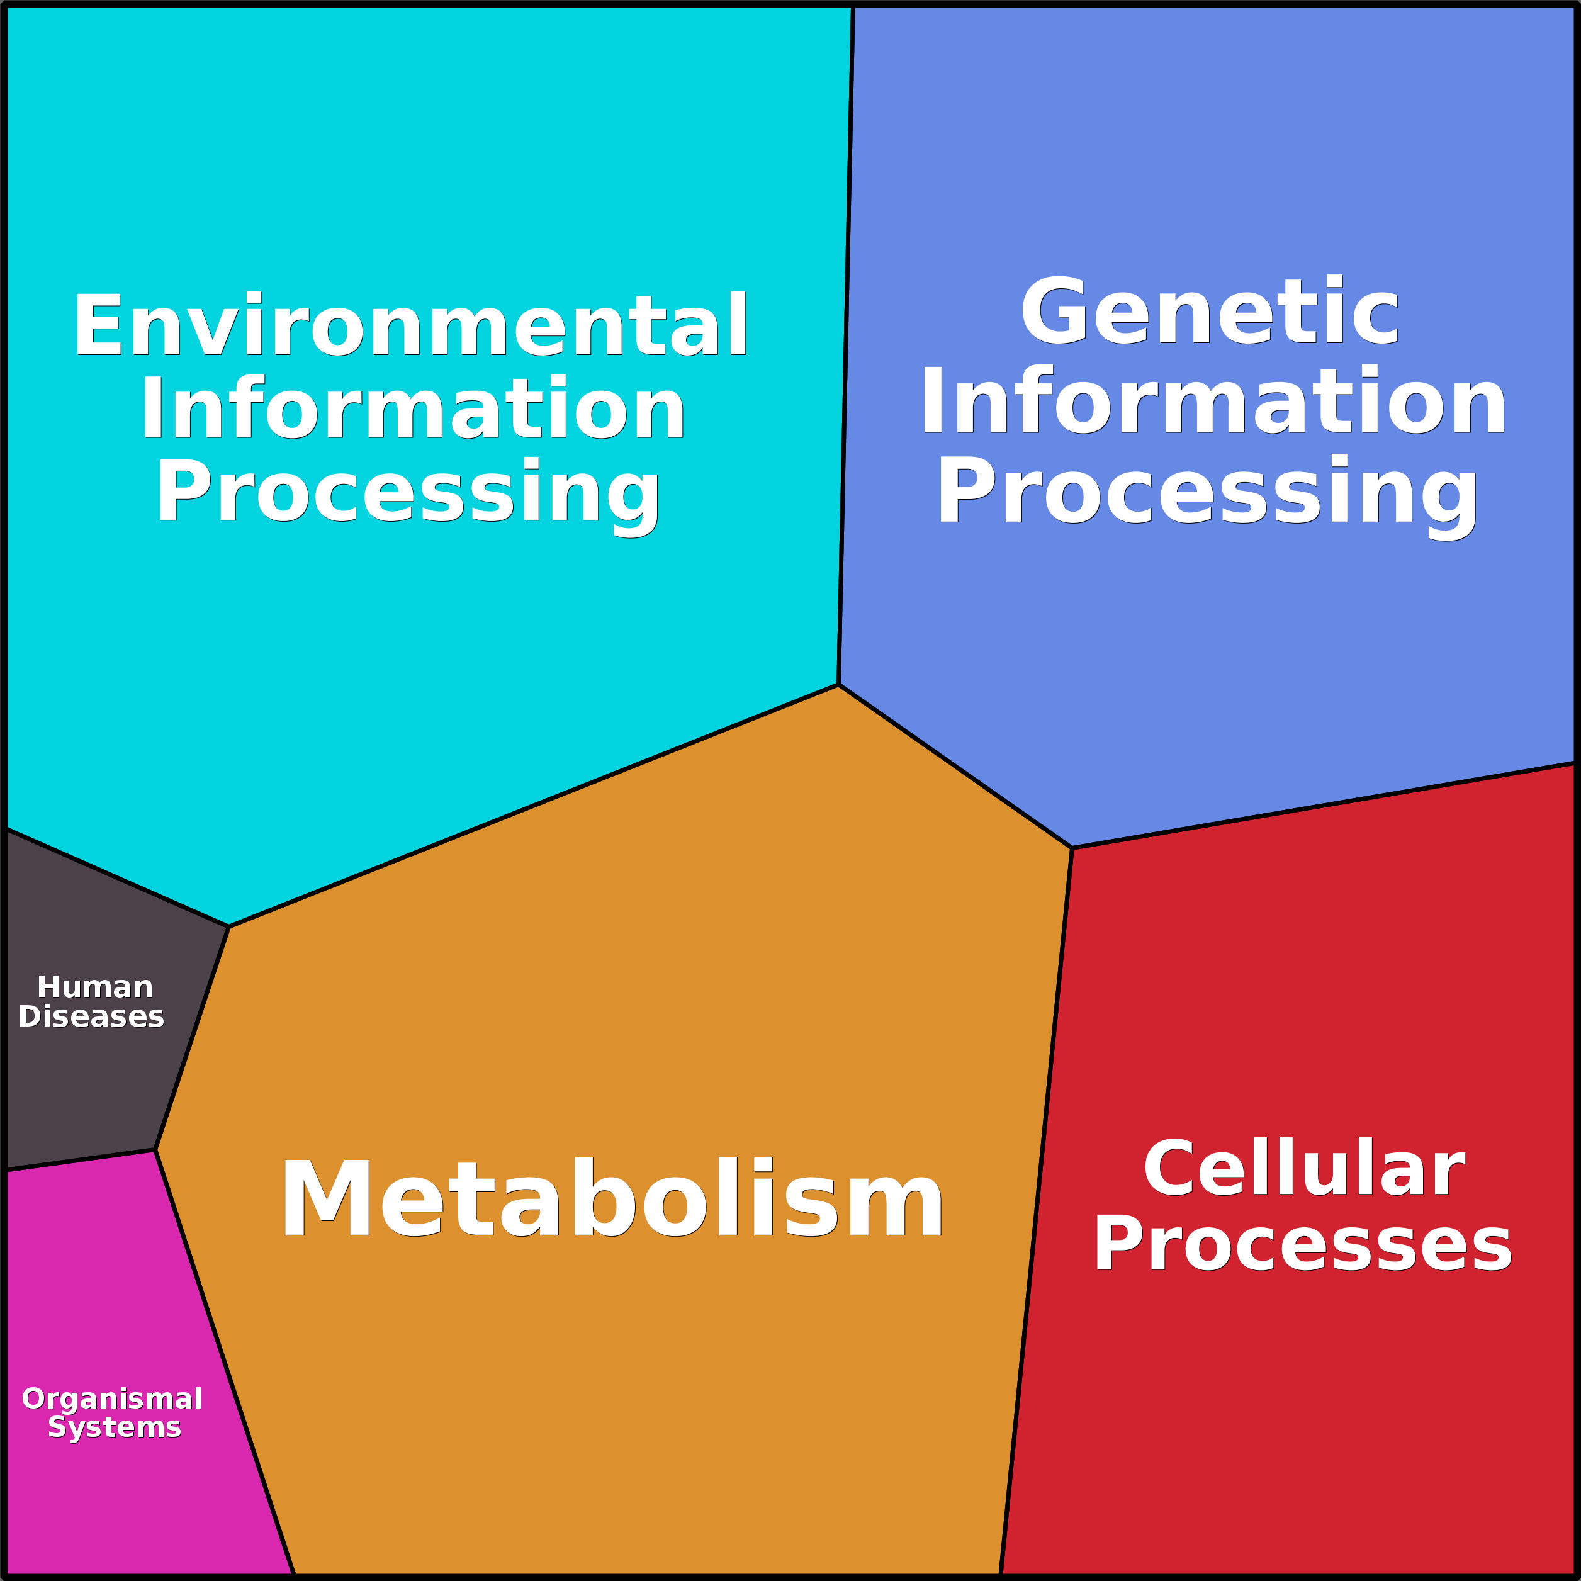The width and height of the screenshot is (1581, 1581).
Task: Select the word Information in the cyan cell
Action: click(x=412, y=408)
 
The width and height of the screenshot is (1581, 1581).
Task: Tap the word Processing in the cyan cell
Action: click(x=408, y=492)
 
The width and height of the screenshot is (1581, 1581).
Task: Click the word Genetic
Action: click(x=1210, y=312)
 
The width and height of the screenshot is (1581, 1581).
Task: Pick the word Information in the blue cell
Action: click(x=1213, y=402)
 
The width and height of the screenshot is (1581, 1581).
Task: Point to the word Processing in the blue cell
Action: click(x=1208, y=492)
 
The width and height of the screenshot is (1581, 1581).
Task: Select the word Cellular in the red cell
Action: click(x=1303, y=1169)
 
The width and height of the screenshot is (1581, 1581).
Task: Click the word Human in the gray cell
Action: click(x=95, y=987)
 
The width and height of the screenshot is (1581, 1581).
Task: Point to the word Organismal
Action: click(x=112, y=1398)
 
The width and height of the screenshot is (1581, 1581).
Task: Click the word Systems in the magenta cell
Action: click(x=115, y=1427)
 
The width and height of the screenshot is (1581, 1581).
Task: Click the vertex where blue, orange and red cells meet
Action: click(x=1071, y=848)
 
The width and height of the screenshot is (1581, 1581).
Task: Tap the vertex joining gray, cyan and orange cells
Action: click(x=229, y=926)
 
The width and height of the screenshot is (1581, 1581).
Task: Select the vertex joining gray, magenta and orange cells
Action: click(x=155, y=1150)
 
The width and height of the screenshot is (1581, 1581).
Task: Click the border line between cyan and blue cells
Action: click(x=846, y=344)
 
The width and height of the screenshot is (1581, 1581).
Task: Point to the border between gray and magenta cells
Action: click(x=80, y=1161)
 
